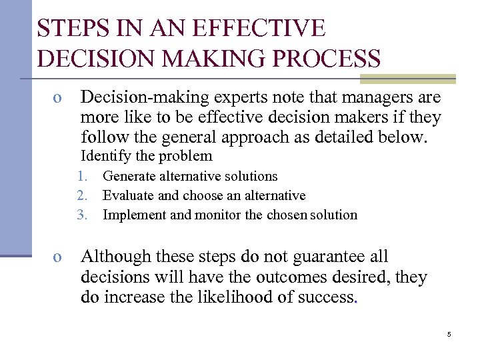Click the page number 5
[449, 334]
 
